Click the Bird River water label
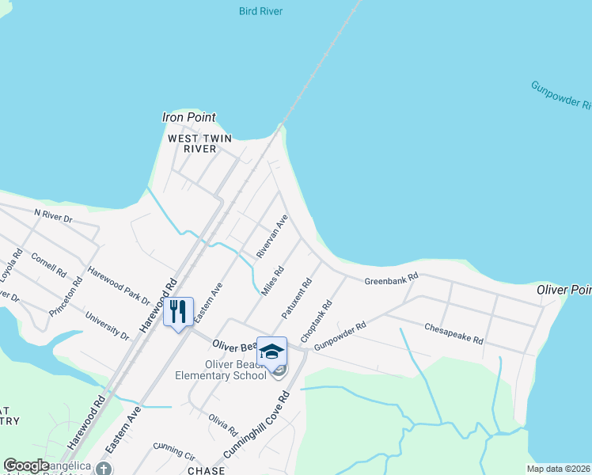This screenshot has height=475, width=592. [x=260, y=11]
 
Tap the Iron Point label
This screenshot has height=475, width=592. [x=188, y=117]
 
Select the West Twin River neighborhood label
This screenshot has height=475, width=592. [x=199, y=143]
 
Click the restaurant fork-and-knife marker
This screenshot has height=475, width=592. [x=178, y=311]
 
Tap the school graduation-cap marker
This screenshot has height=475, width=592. [x=271, y=351]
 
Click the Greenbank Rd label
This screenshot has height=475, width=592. [x=390, y=280]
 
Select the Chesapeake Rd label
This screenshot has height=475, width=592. [x=453, y=332]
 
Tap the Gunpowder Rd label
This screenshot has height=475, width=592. [x=340, y=336]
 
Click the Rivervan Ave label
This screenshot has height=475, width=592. [x=271, y=236]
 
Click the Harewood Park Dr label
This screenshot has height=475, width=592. [x=119, y=286]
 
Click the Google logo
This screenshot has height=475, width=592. [x=26, y=465]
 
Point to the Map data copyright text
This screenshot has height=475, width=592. [x=558, y=469]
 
